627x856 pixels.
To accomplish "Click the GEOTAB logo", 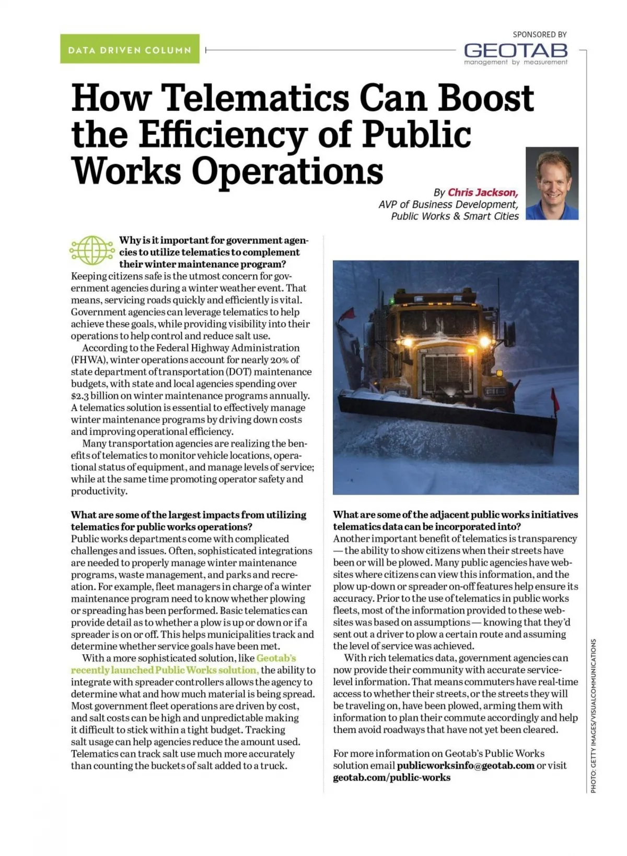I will pos(515,51).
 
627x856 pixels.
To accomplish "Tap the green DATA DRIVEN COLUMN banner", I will pos(130,49).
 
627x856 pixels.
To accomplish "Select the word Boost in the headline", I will pos(486,98).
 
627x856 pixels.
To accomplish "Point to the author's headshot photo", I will pos(552,183).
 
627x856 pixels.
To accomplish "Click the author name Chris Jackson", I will pos(482,192).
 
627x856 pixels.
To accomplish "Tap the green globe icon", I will pos(92,250).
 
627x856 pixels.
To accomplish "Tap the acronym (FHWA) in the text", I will pos(89,360).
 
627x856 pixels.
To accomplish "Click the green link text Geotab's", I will pos(276,658).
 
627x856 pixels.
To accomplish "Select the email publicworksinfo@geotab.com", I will pos(466,766).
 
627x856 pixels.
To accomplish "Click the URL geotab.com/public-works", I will pos(391,778).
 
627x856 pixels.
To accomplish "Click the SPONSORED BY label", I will pos(539,34).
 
